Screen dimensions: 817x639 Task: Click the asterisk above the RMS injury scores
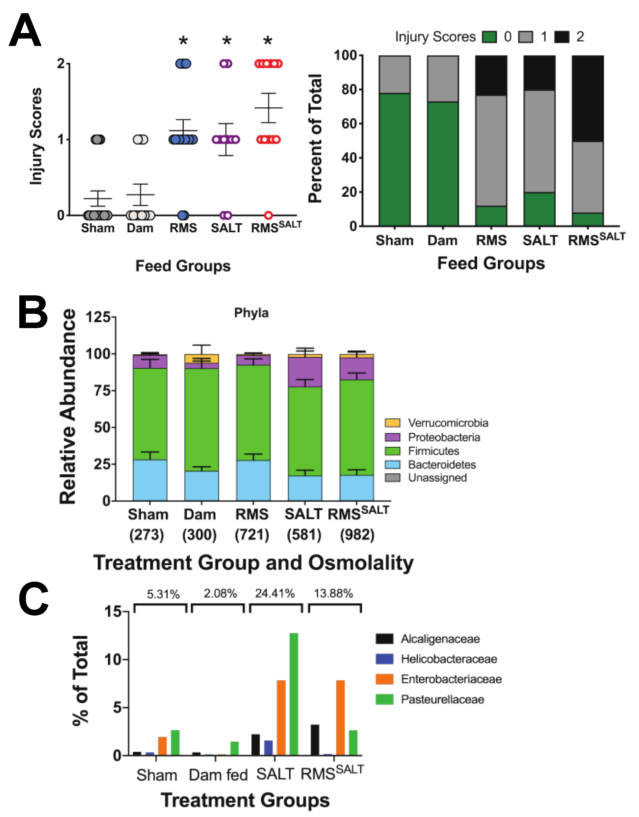pos(183,40)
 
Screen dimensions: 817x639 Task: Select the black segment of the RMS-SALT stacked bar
pos(587,98)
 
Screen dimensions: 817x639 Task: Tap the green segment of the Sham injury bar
pos(394,159)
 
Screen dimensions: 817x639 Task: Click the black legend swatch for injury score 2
pos(562,37)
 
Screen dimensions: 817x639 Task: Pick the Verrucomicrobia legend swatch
pos(392,423)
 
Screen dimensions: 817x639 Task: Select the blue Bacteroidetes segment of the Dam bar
pos(202,486)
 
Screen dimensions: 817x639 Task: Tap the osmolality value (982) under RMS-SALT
pos(357,535)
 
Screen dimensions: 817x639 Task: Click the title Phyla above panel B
pos(251,313)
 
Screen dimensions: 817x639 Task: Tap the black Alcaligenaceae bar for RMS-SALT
pos(315,740)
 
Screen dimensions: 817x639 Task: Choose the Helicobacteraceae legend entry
pos(448,659)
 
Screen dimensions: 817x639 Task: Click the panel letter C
pos(34,598)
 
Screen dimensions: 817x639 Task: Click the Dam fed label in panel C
pos(218,775)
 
